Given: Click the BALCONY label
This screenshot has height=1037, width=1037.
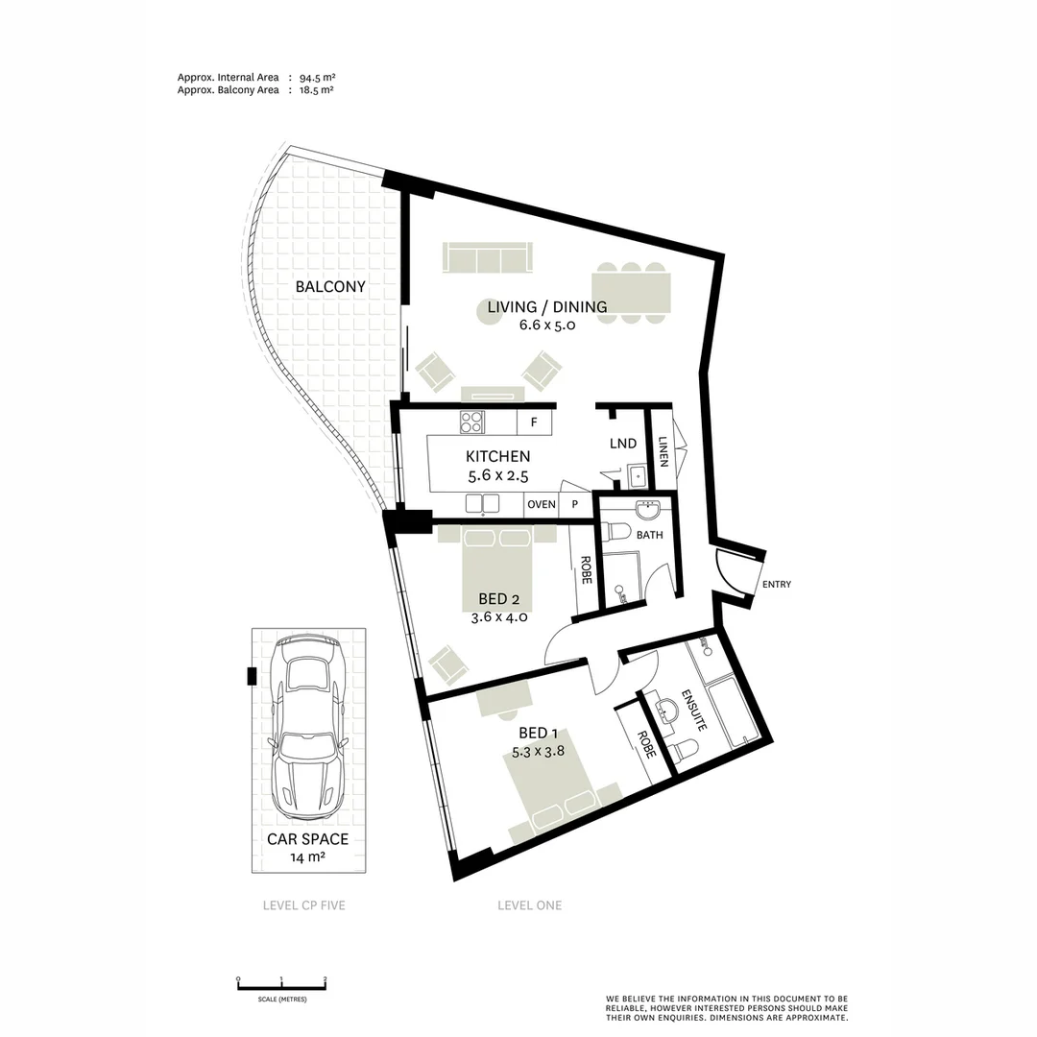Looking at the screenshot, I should pos(330,286).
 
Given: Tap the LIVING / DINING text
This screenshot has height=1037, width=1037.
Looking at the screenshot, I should pos(546,307).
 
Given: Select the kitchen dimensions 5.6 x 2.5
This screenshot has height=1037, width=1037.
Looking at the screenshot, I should pos(497,474).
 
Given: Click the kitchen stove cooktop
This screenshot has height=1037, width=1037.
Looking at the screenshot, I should pos(471,422).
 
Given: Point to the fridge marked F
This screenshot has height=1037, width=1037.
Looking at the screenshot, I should pos(534,422).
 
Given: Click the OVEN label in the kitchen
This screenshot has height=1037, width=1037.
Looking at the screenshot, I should pos(541,504).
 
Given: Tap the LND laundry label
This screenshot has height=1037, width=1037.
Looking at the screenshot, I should pos(623,444).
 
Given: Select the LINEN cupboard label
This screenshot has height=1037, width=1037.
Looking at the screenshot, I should pos(663,451).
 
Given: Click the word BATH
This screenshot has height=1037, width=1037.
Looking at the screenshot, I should pos(649,535).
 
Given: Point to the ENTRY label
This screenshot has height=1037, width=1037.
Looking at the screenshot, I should pos(776,584).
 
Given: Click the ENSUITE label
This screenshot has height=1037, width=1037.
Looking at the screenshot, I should pos(693,711).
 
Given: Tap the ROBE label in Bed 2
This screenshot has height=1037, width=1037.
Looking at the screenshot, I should pos(585,571).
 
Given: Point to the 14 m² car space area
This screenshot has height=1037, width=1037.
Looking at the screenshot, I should pos(307,856).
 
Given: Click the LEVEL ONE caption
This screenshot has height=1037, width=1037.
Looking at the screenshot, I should pos(529,905).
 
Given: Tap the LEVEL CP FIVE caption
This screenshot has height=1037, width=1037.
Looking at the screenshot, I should pos(303,905).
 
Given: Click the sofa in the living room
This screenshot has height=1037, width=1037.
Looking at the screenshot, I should pos(487,258).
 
